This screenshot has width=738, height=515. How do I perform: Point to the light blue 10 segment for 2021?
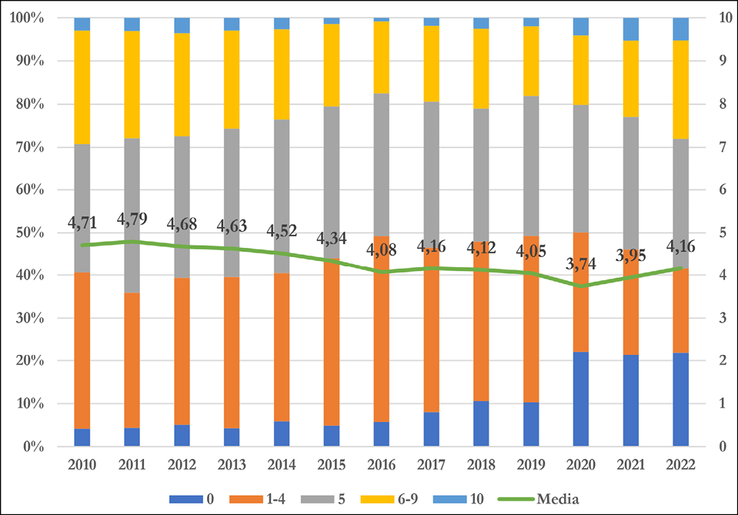coord(632,28)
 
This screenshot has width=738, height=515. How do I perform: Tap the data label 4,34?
coord(332,239)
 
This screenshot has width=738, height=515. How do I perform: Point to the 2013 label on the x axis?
coord(232,465)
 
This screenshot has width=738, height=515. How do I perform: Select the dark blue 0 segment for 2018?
coord(482,423)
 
